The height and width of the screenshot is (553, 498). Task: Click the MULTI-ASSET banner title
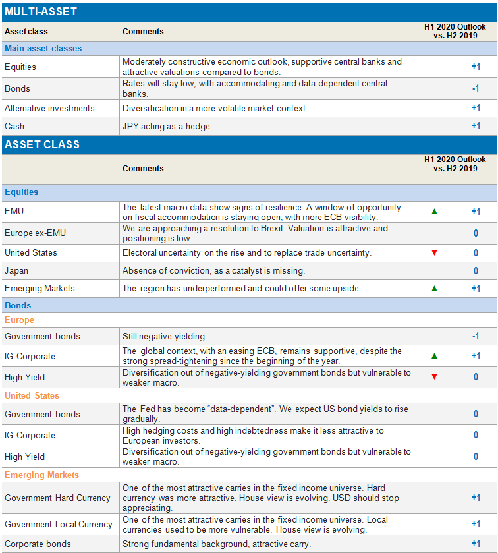(41, 12)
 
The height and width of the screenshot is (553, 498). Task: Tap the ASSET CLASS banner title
(42, 144)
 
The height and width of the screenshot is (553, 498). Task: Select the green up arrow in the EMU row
(434, 212)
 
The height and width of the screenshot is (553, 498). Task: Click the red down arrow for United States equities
(434, 253)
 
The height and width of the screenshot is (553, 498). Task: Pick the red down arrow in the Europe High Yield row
(434, 377)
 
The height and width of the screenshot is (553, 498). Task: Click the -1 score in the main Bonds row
(476, 88)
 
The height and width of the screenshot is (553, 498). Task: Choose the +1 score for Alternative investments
(476, 108)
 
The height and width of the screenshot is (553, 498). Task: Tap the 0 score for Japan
(476, 271)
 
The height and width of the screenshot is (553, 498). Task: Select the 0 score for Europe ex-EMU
(476, 233)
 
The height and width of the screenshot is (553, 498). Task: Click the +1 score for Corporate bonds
(476, 544)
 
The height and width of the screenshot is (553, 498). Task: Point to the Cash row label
(14, 126)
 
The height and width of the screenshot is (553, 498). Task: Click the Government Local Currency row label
(59, 525)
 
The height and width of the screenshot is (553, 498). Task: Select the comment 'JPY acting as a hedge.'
(167, 126)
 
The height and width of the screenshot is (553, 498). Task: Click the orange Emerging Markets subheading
(41, 475)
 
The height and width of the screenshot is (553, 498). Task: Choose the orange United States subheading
(32, 396)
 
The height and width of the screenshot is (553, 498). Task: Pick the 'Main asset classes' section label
(43, 48)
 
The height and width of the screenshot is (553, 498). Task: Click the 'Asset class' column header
(26, 31)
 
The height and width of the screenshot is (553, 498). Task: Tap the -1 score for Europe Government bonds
(476, 336)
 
